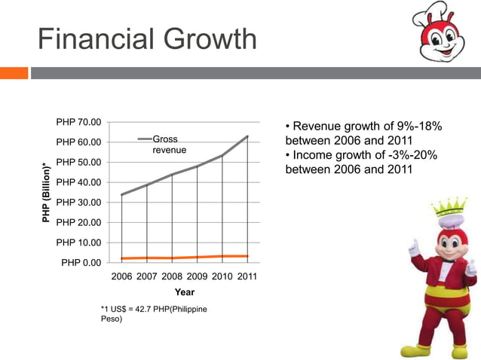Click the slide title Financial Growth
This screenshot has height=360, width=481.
click(148, 39)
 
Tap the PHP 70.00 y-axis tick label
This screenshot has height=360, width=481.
click(78, 122)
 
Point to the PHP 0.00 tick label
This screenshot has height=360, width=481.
click(81, 263)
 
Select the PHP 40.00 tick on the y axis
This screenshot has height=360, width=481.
click(78, 182)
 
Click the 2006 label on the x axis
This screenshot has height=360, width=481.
click(122, 277)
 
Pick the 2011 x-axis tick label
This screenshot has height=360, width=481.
click(247, 277)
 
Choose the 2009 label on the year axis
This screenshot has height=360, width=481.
click(197, 277)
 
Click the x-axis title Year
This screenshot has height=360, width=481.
click(185, 292)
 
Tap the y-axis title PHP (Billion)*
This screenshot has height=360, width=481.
click(47, 192)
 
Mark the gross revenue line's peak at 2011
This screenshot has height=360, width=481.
click(247, 136)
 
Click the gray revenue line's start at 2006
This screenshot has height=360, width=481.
click(122, 194)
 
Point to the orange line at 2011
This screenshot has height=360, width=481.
click(247, 256)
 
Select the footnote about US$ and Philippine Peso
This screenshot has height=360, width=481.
click(154, 314)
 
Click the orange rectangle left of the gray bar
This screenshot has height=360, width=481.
click(14, 73)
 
